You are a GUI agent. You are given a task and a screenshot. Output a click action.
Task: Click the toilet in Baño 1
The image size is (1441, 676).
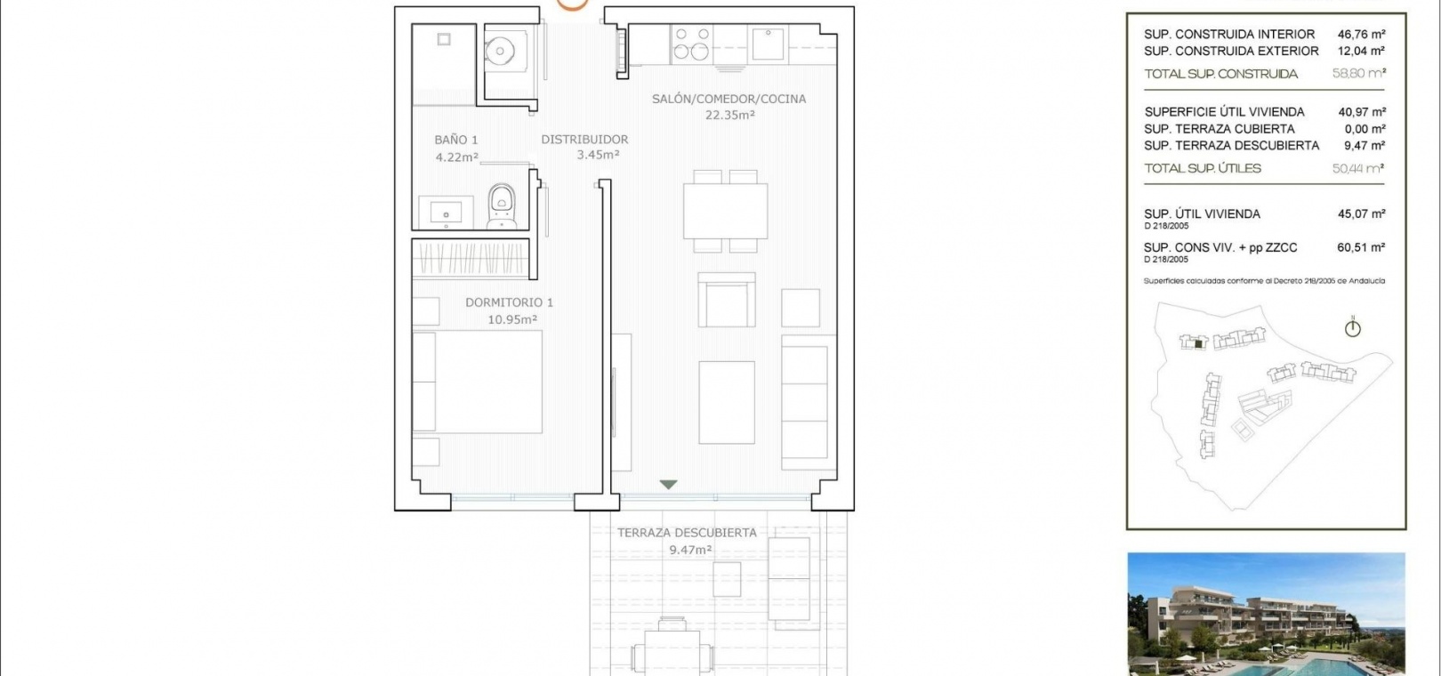click(501, 206)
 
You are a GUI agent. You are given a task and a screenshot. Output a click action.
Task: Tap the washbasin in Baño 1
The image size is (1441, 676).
click(445, 212)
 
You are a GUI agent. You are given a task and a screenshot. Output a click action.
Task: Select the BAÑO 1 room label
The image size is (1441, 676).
click(455, 140)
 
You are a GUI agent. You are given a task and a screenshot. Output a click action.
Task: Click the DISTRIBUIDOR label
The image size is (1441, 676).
click(584, 139)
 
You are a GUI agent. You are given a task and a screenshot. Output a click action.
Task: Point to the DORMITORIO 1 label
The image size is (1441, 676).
click(509, 302)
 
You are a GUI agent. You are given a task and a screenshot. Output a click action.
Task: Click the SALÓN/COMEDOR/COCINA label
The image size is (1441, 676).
click(729, 99)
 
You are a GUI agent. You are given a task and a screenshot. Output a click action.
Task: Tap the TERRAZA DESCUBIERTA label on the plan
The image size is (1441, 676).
click(687, 533)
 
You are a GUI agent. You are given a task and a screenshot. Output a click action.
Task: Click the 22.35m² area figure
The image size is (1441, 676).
click(729, 115)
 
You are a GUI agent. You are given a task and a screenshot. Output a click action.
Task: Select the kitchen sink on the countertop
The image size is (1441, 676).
click(769, 44)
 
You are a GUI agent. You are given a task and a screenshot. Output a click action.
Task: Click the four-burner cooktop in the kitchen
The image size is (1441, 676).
click(691, 43)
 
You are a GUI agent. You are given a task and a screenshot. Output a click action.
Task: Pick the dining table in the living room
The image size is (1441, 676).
click(725, 211)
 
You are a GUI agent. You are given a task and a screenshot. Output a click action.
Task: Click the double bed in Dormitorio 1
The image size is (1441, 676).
click(477, 382)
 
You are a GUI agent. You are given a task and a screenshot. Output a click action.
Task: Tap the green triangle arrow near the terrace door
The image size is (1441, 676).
click(668, 485)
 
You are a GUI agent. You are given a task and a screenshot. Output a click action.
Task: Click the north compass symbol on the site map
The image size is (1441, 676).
click(1352, 328)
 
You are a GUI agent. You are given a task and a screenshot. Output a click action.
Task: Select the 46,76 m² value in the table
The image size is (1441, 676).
click(1361, 34)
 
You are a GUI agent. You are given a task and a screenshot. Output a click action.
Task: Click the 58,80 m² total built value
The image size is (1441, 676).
click(1358, 73)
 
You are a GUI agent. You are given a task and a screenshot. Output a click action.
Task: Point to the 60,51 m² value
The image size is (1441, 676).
click(1361, 247)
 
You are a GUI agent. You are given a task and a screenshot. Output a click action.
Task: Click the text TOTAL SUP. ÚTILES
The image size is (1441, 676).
click(1202, 168)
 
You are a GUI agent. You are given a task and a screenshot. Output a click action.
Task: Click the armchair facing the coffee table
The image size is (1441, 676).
click(727, 300)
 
